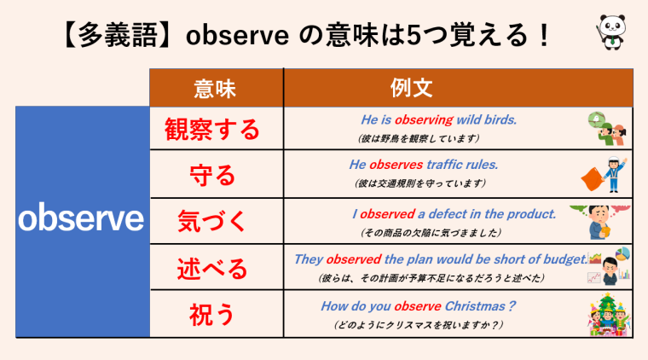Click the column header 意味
click(217, 88)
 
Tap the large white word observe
click(82, 220)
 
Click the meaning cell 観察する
click(217, 131)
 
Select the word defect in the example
click(458, 213)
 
